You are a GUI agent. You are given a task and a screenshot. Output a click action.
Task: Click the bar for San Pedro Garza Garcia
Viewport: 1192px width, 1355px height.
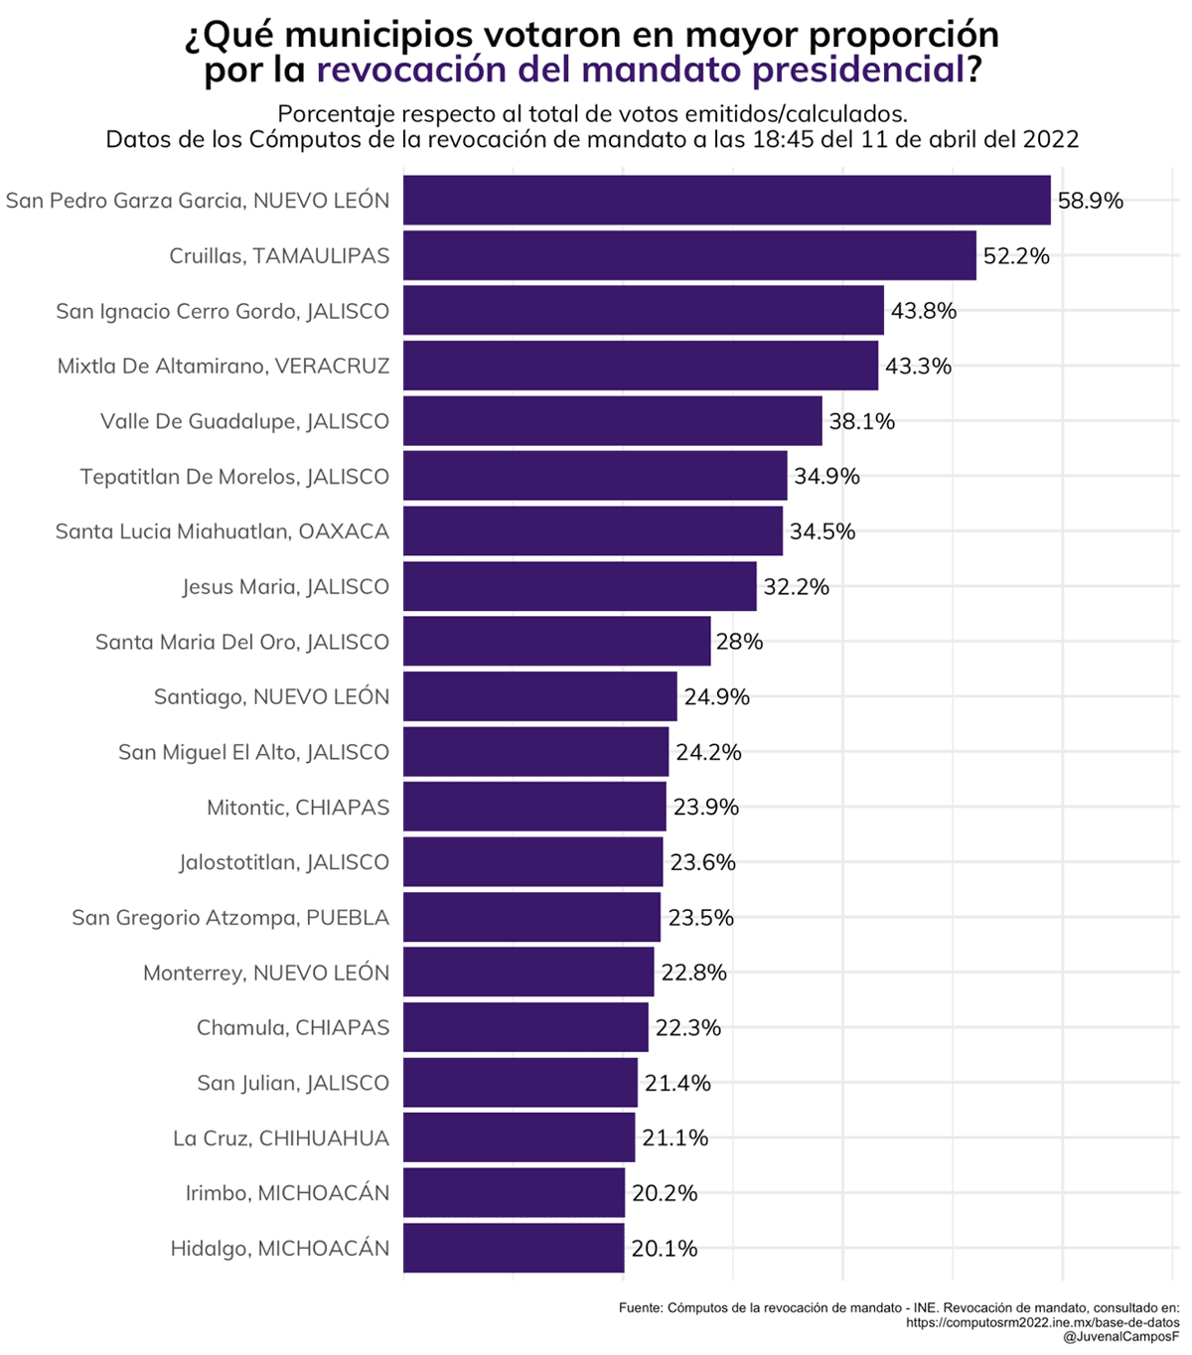coord(726,201)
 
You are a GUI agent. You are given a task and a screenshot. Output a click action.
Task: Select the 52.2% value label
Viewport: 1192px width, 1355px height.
coord(1016,256)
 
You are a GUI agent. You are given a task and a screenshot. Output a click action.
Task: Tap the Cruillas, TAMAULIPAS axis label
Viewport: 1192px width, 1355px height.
coord(279,256)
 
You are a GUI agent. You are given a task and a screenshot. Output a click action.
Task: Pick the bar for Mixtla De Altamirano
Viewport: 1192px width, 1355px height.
coord(641,366)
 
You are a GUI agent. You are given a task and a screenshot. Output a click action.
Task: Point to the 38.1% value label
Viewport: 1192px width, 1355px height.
coord(862,422)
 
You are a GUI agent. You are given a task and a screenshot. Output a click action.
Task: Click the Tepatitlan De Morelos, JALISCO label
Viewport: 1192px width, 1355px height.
coord(234,477)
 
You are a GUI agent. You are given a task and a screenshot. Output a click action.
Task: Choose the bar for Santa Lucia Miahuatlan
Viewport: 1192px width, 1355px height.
coord(593,531)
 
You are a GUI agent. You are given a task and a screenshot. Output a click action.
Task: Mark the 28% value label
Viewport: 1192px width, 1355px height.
coord(740,642)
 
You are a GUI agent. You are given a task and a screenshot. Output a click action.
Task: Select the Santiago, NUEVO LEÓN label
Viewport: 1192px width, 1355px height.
coord(271,697)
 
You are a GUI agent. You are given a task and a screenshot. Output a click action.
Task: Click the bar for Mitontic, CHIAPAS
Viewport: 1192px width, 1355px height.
coord(534,807)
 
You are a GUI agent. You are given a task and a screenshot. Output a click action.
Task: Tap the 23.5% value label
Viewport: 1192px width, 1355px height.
coord(700,918)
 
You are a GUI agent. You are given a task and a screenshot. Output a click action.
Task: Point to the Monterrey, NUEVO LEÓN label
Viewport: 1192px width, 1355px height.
coord(266,973)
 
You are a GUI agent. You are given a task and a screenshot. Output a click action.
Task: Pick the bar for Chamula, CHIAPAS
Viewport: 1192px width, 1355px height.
coord(525,1027)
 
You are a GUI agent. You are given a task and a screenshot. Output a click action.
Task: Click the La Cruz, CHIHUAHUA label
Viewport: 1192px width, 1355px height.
coord(281,1138)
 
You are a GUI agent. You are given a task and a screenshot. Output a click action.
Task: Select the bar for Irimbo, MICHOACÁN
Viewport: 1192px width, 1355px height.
coord(514,1193)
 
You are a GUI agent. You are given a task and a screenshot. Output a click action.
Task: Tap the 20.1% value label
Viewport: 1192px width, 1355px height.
coord(665,1249)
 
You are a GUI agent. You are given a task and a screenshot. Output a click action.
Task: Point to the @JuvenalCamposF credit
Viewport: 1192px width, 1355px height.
coord(1121,1338)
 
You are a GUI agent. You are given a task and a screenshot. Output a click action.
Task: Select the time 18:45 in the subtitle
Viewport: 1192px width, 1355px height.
coord(786,139)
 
